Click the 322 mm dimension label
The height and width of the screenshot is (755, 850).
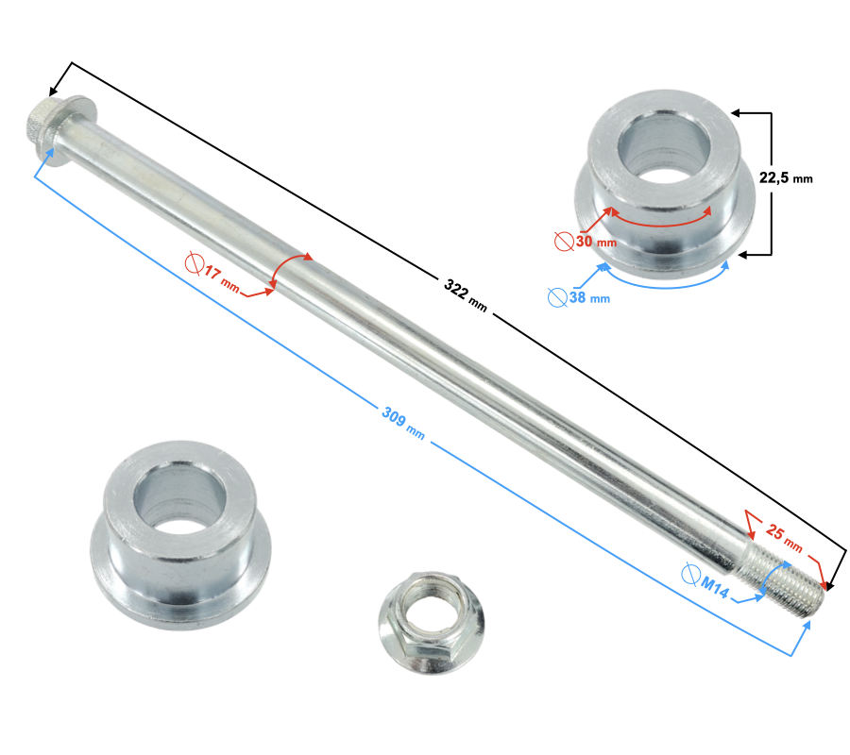(466, 295)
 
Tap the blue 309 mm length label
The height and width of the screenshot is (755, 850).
(403, 423)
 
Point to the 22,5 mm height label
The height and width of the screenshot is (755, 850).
(786, 177)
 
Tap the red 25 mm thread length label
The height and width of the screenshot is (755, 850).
(784, 537)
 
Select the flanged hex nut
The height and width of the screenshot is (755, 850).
(432, 622)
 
